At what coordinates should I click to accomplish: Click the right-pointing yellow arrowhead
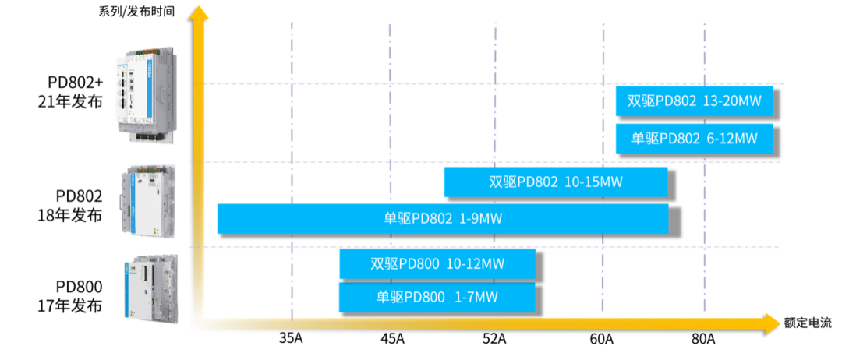(771, 323)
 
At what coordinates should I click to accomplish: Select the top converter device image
(147, 94)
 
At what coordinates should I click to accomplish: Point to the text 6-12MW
(732, 139)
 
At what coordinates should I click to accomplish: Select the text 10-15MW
(594, 182)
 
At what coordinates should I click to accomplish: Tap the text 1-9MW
(480, 218)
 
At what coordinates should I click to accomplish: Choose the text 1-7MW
(476, 297)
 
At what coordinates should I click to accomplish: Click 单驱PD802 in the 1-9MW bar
(418, 218)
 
